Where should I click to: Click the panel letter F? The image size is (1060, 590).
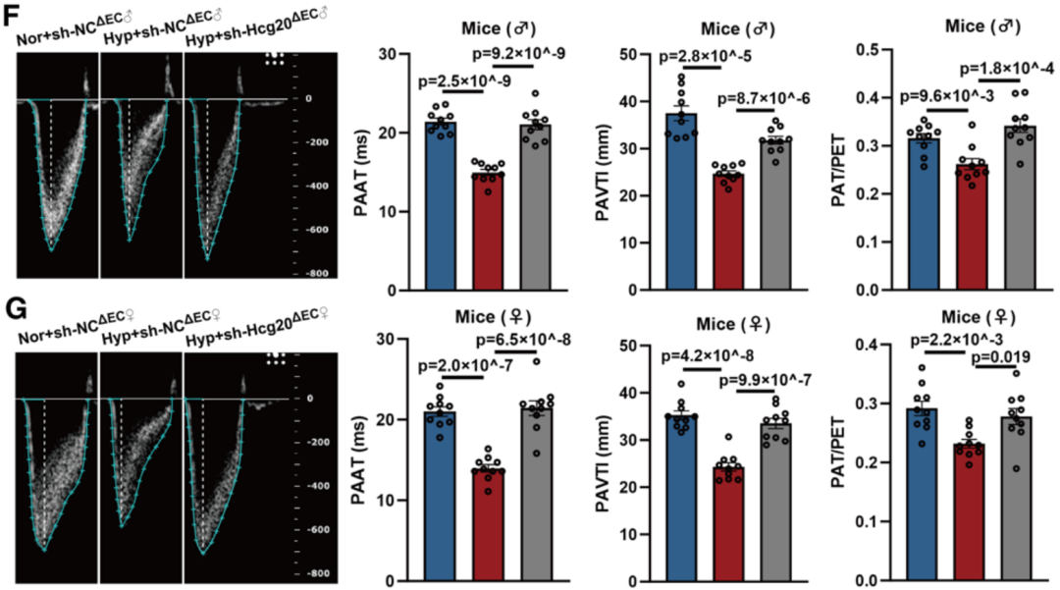pyautogui.click(x=13, y=18)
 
